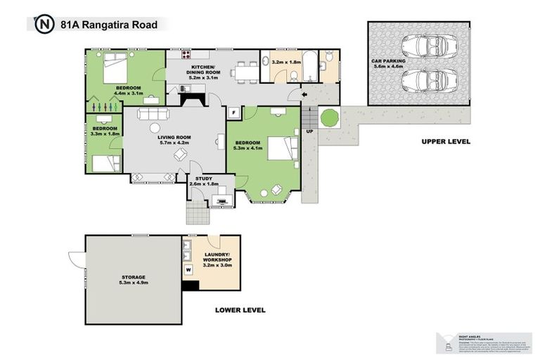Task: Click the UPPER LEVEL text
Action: click(x=446, y=141)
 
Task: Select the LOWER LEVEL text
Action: click(x=240, y=309)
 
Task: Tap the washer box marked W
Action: click(x=188, y=269)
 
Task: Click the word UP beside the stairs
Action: click(x=310, y=131)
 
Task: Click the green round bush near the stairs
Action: click(x=329, y=117)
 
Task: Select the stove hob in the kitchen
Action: click(x=187, y=54)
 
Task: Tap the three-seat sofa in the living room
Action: click(x=153, y=114)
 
